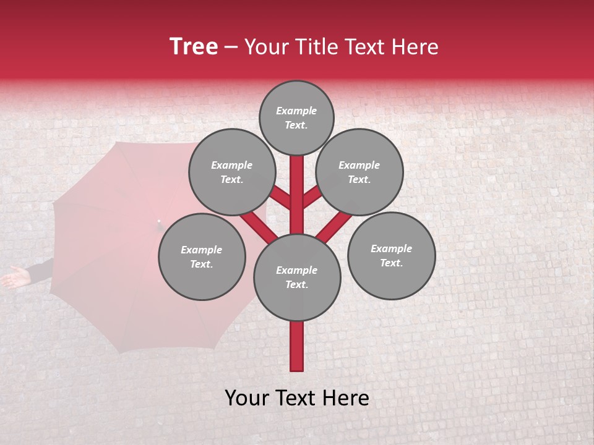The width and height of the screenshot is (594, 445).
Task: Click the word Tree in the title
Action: pyautogui.click(x=194, y=46)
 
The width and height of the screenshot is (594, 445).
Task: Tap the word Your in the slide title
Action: pyautogui.click(x=264, y=46)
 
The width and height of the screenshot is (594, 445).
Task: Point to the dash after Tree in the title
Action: pyautogui.click(x=231, y=48)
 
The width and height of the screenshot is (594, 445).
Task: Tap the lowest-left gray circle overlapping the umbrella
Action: pyautogui.click(x=202, y=256)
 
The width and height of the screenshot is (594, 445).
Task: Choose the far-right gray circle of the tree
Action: pyautogui.click(x=391, y=255)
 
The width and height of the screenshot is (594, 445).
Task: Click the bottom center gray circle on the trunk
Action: pyautogui.click(x=297, y=277)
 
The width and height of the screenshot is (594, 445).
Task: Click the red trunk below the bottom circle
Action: pyautogui.click(x=297, y=346)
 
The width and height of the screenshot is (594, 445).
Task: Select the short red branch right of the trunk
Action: pyautogui.click(x=312, y=198)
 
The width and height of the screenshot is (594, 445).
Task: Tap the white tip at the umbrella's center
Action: pyautogui.click(x=159, y=221)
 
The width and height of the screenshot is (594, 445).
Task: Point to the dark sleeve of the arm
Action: pyautogui.click(x=40, y=270)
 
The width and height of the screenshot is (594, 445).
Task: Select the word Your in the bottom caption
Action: pyautogui.click(x=247, y=398)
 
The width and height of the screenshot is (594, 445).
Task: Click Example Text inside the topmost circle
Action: pyautogui.click(x=296, y=117)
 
